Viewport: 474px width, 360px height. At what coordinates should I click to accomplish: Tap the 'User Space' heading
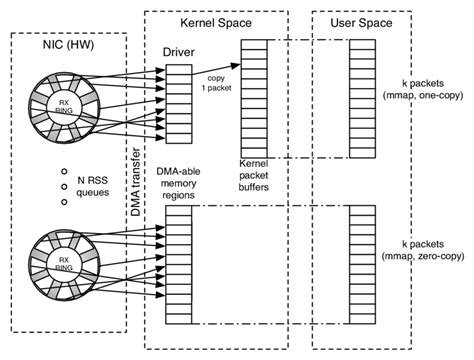click(353, 22)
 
